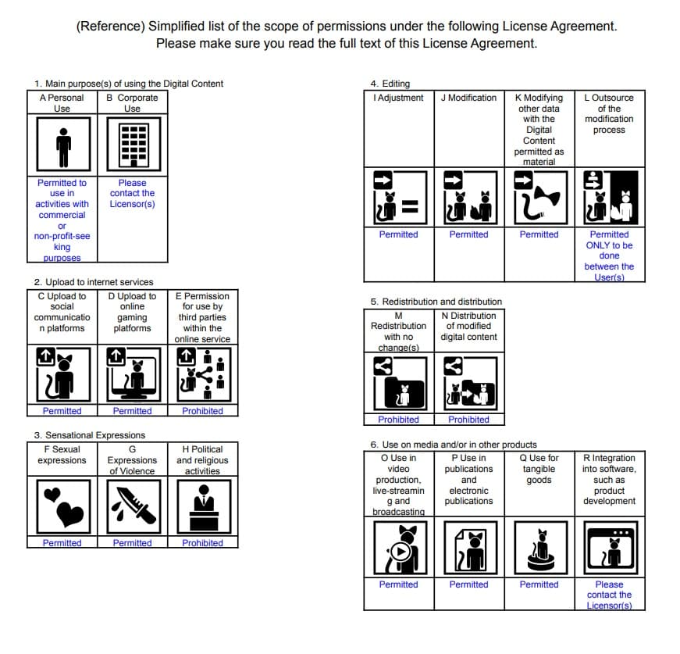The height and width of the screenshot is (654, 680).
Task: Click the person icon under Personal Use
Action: click(x=62, y=145)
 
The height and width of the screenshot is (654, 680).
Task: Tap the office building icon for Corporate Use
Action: click(x=132, y=145)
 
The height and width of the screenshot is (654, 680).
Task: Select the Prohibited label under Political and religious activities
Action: click(x=202, y=543)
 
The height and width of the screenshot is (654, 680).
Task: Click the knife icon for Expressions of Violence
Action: click(x=132, y=506)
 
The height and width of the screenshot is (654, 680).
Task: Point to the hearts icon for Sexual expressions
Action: click(x=62, y=506)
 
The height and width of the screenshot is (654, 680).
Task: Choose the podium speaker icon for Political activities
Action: click(x=202, y=506)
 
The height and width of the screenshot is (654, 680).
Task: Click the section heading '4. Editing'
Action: click(x=390, y=84)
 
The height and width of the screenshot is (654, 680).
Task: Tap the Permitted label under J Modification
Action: click(x=468, y=234)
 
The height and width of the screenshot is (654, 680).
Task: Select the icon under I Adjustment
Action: click(x=398, y=198)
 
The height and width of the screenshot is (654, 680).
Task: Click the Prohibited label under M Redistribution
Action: click(x=398, y=420)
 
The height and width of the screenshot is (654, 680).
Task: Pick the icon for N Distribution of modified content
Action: click(x=468, y=383)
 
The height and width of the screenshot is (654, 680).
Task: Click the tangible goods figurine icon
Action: click(x=539, y=548)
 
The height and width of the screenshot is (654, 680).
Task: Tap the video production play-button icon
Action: click(x=398, y=548)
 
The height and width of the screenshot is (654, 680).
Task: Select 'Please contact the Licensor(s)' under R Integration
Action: click(x=609, y=595)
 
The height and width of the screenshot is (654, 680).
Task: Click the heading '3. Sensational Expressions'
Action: click(x=90, y=435)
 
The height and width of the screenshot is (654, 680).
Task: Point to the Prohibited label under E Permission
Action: click(x=202, y=411)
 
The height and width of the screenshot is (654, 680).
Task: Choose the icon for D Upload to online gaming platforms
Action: click(x=132, y=374)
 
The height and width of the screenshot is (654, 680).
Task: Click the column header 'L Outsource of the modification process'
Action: click(x=609, y=114)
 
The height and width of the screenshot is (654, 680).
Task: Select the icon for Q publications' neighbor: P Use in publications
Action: click(x=468, y=548)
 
